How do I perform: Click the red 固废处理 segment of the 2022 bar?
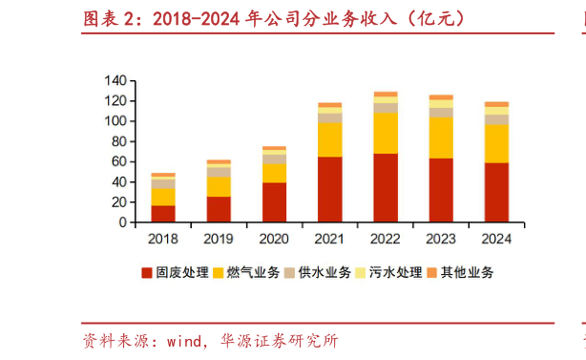(386, 188)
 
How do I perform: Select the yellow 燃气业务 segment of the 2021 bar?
(330, 139)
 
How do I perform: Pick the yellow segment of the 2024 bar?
(496, 143)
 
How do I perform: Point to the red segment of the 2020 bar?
(275, 202)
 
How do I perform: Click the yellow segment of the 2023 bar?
(441, 138)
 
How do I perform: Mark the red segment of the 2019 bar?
(220, 209)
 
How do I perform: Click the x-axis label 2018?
(163, 238)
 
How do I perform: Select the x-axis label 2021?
(330, 238)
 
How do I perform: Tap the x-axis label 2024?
(496, 238)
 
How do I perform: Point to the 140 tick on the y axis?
(116, 80)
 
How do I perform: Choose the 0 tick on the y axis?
(124, 222)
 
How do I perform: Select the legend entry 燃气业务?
(246, 273)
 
